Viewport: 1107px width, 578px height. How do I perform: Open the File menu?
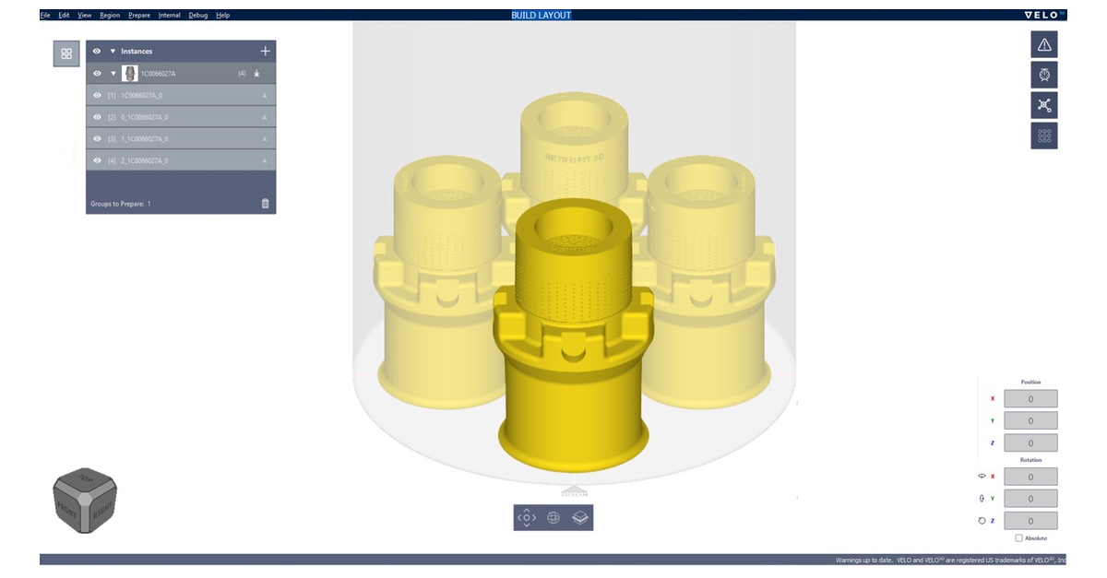pyautogui.click(x=45, y=16)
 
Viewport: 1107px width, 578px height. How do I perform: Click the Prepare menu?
pyautogui.click(x=139, y=16)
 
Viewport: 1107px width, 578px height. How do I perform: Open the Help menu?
pyautogui.click(x=222, y=16)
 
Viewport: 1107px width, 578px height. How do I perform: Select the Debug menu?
pyautogui.click(x=197, y=16)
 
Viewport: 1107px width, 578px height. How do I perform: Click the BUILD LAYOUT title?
pyautogui.click(x=542, y=16)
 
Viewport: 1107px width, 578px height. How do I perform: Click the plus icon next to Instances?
pyautogui.click(x=266, y=52)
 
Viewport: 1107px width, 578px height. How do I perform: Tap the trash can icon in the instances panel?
pyautogui.click(x=266, y=204)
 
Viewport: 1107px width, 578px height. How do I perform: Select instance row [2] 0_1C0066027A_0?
pyautogui.click(x=181, y=117)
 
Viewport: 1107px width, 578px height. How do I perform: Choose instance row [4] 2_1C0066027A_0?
pyautogui.click(x=181, y=161)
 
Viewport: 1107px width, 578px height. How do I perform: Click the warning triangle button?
pyautogui.click(x=1044, y=44)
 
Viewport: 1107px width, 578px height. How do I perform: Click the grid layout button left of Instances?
pyautogui.click(x=66, y=54)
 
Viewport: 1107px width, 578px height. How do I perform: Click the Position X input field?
pyautogui.click(x=1030, y=399)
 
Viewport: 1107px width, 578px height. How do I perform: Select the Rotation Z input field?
pyautogui.click(x=1030, y=521)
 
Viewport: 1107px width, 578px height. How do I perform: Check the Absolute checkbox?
pyautogui.click(x=1018, y=538)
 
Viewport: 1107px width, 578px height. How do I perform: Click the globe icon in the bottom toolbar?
pyautogui.click(x=553, y=518)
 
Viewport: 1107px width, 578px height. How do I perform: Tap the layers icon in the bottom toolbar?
pyautogui.click(x=580, y=518)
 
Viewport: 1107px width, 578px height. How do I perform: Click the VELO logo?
pyautogui.click(x=1043, y=16)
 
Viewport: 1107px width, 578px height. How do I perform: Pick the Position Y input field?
pyautogui.click(x=1030, y=421)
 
